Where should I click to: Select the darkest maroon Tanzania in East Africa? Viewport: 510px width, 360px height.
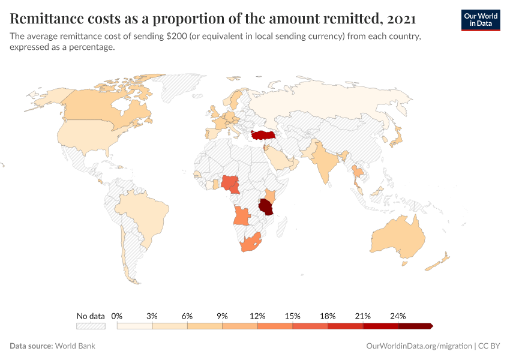266,208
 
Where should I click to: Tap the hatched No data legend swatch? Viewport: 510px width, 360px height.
91,326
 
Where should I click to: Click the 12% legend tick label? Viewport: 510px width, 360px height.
257,316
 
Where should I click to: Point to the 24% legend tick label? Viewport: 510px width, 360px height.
398,316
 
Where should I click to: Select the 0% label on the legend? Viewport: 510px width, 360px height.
117,316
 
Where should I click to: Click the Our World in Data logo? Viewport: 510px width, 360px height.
480,20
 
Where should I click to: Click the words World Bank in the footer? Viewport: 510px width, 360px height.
75,346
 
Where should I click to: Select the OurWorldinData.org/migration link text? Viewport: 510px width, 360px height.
418,346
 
